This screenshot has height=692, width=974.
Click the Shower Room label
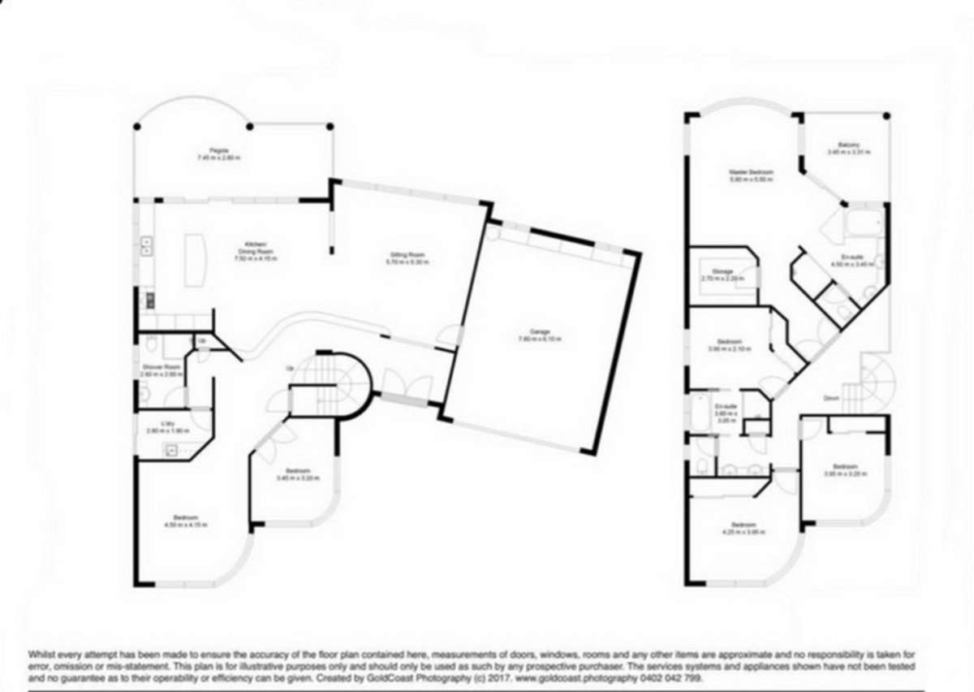pos(154,367)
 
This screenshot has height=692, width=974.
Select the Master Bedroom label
pos(750,172)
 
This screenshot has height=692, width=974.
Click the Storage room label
pos(722,271)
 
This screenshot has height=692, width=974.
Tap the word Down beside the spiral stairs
pos(831,399)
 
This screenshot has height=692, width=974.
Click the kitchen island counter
pos(195,260)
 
